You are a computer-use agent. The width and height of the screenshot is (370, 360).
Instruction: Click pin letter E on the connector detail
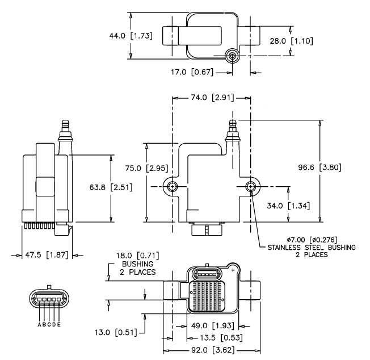pyautogui.click(x=60, y=325)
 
